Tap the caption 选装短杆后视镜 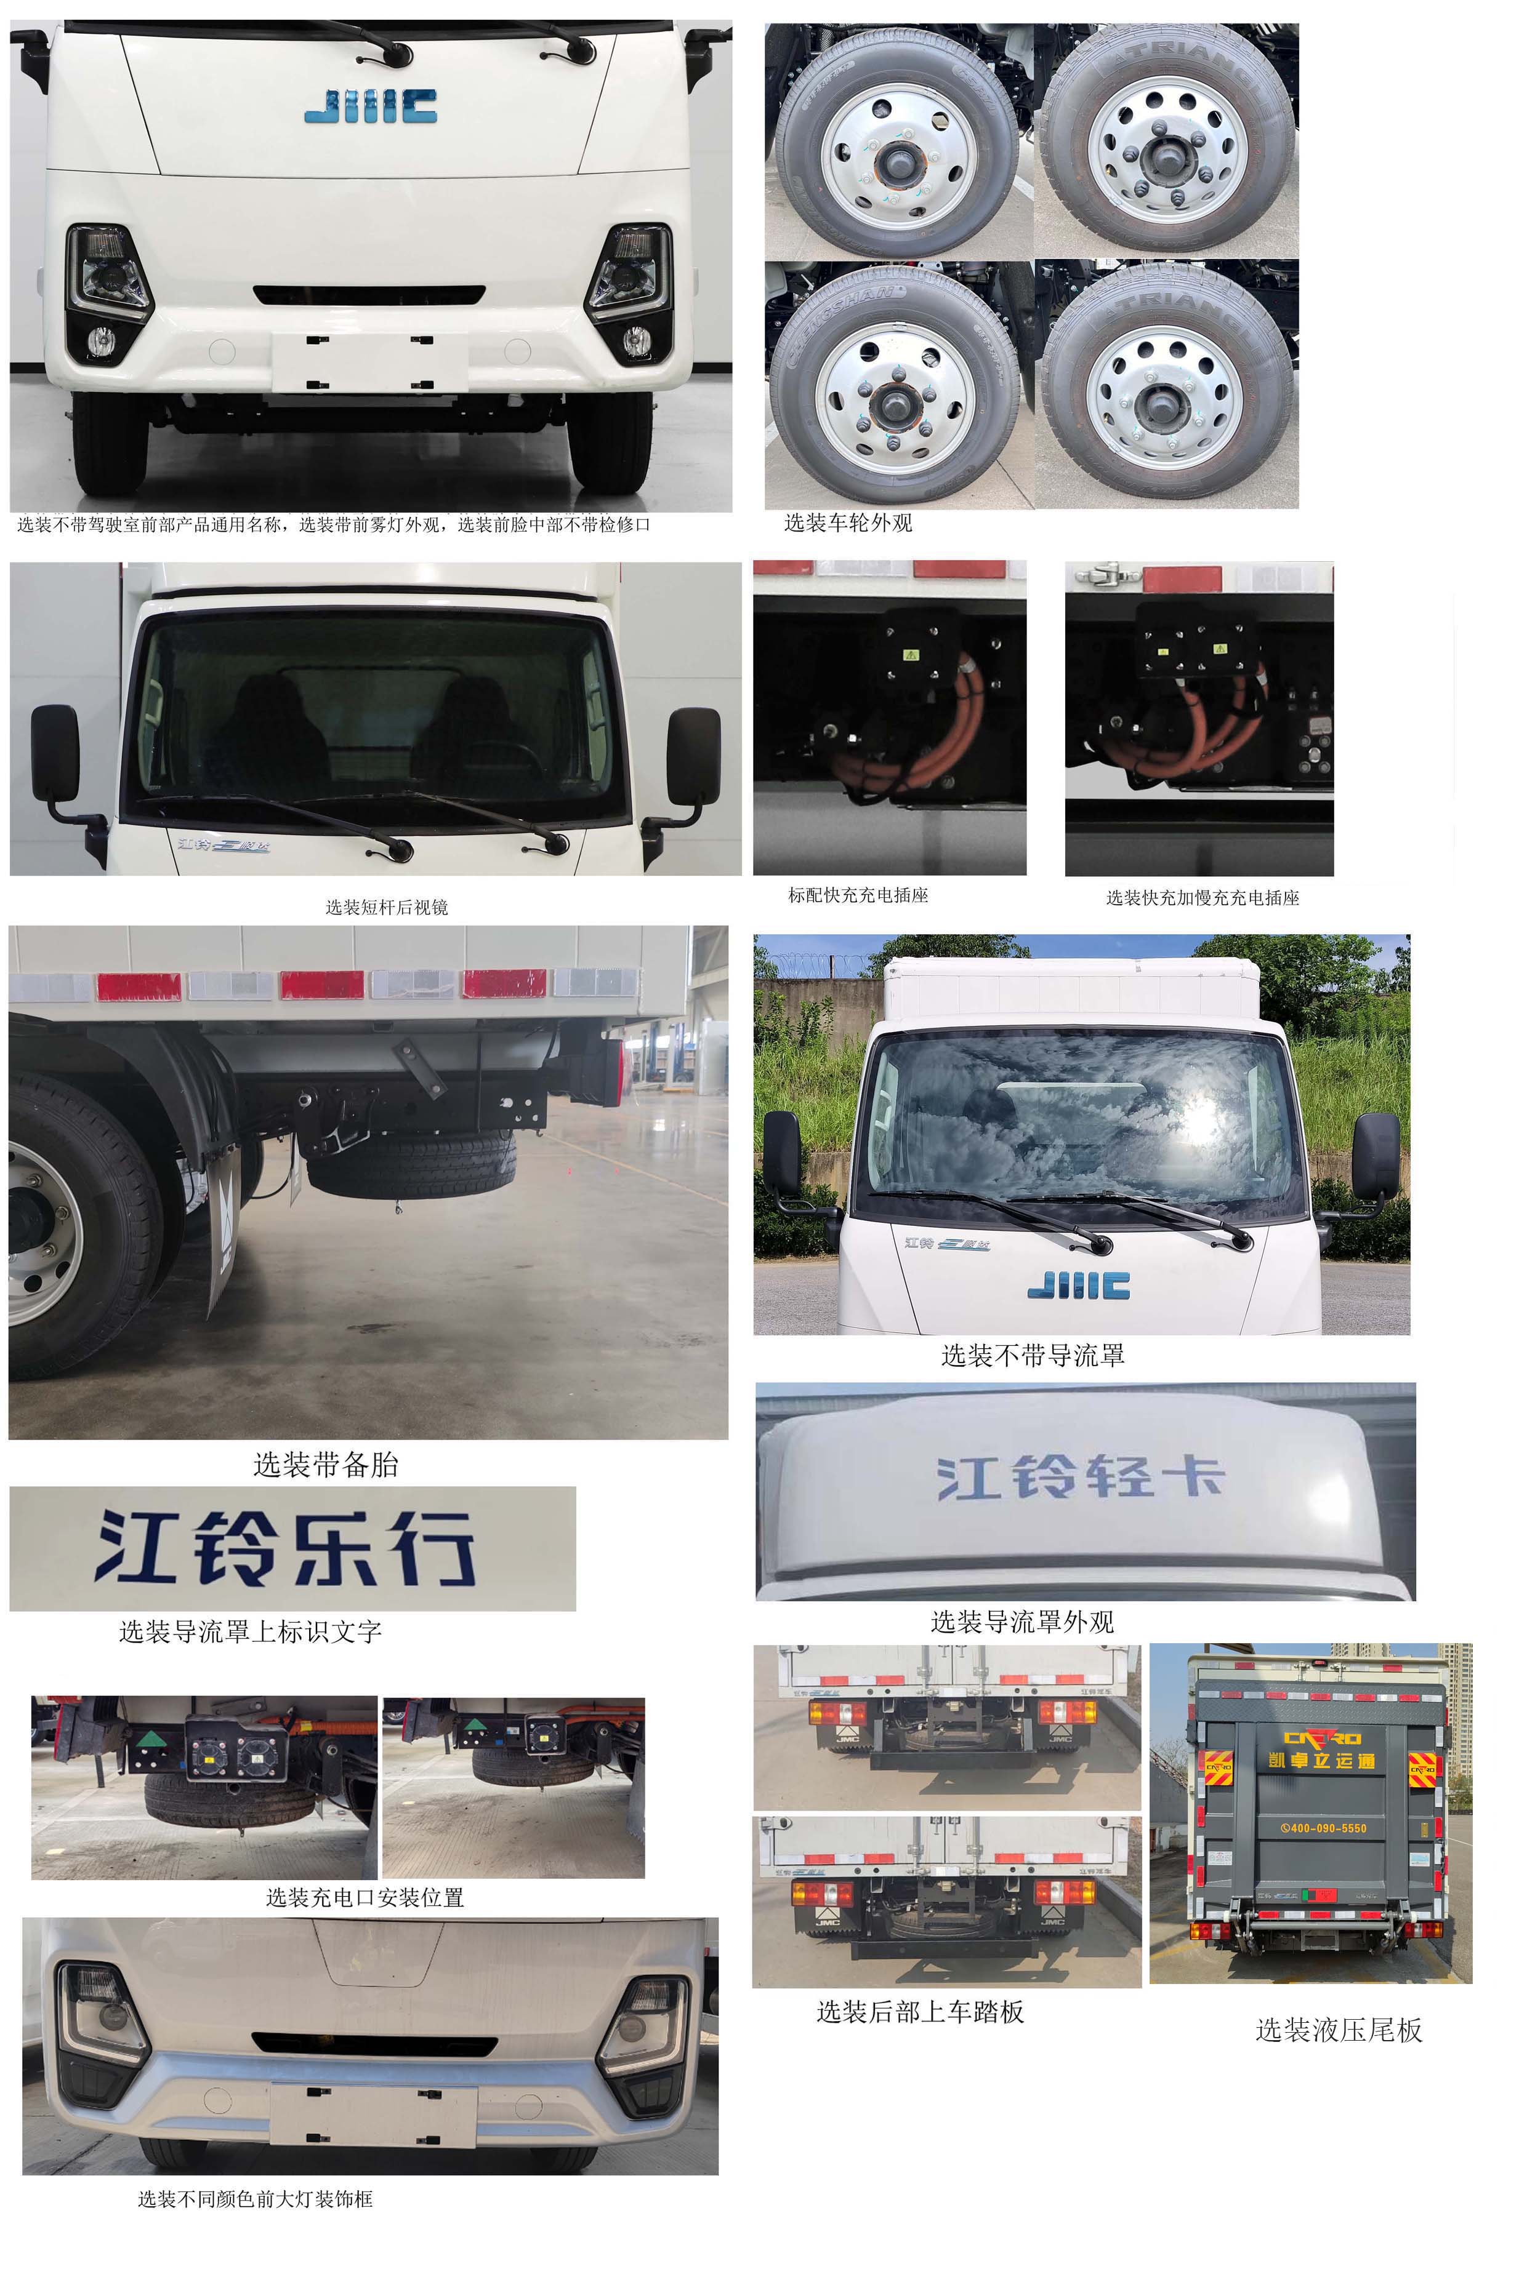pos(387,907)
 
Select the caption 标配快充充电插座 pos(858,895)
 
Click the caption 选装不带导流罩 pos(1033,1356)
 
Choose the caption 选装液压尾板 pos(1338,2030)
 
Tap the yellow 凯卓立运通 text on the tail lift pos(1321,1760)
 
